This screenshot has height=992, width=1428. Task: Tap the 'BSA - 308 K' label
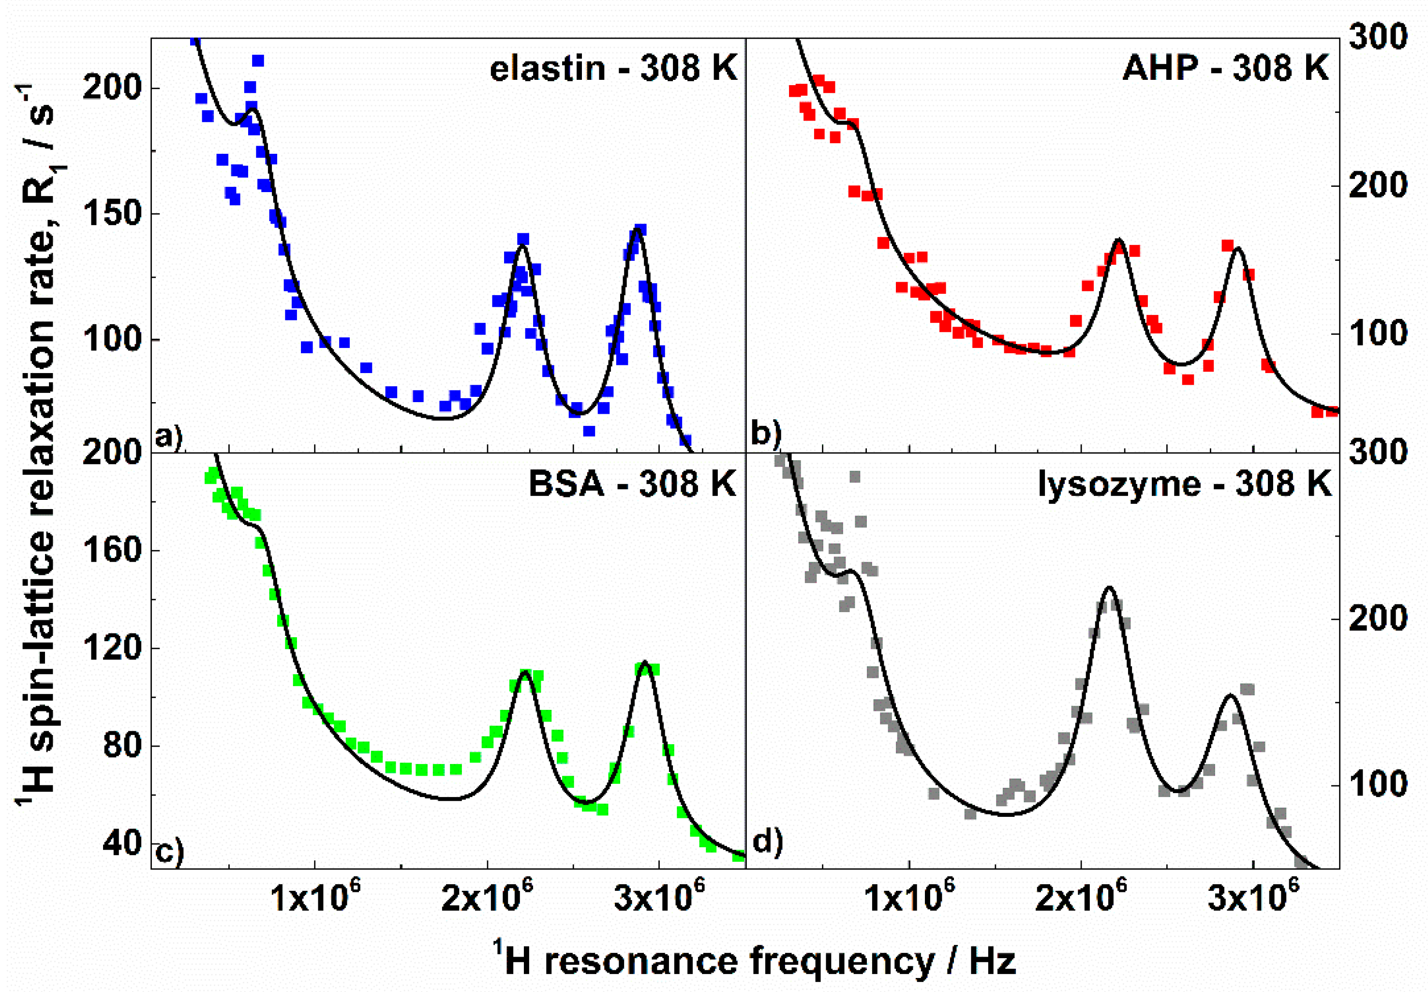point(631,483)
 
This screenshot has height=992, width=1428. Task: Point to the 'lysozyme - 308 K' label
point(1184,483)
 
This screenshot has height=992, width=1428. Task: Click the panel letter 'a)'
point(168,437)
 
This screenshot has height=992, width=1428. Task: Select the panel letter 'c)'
point(168,852)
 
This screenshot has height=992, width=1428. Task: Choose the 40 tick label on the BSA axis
point(122,843)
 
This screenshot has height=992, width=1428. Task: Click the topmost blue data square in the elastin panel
point(195,40)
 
